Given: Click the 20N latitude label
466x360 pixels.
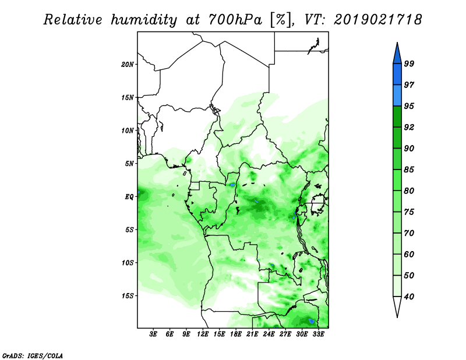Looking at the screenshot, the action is (x=128, y=64).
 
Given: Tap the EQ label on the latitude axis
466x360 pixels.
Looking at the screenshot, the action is (x=129, y=197).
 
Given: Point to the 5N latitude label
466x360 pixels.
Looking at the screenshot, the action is (x=129, y=164).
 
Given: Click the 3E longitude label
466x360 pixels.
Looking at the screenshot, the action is (x=153, y=334).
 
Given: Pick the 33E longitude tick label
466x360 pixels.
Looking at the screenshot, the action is (x=318, y=334).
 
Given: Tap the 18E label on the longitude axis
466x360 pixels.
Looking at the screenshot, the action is (x=236, y=334).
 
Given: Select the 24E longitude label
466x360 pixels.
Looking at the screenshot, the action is (x=269, y=334).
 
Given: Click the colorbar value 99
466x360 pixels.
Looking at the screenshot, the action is (x=409, y=63).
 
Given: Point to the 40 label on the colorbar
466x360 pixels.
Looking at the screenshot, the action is (x=409, y=297).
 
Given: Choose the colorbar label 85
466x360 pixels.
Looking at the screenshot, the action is (x=409, y=170).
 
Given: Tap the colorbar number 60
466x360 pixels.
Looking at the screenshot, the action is (x=409, y=255).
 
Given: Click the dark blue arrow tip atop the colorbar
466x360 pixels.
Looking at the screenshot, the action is (x=397, y=43).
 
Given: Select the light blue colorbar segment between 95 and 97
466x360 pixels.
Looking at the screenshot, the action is (x=397, y=96).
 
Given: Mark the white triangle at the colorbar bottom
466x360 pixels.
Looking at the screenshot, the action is (x=397, y=307).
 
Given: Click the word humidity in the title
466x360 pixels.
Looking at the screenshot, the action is (x=144, y=20).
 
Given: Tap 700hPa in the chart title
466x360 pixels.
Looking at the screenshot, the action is (x=235, y=20).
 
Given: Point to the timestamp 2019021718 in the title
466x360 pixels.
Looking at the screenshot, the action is (x=377, y=20).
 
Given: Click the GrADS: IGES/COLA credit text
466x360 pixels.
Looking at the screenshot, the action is (x=33, y=355).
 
